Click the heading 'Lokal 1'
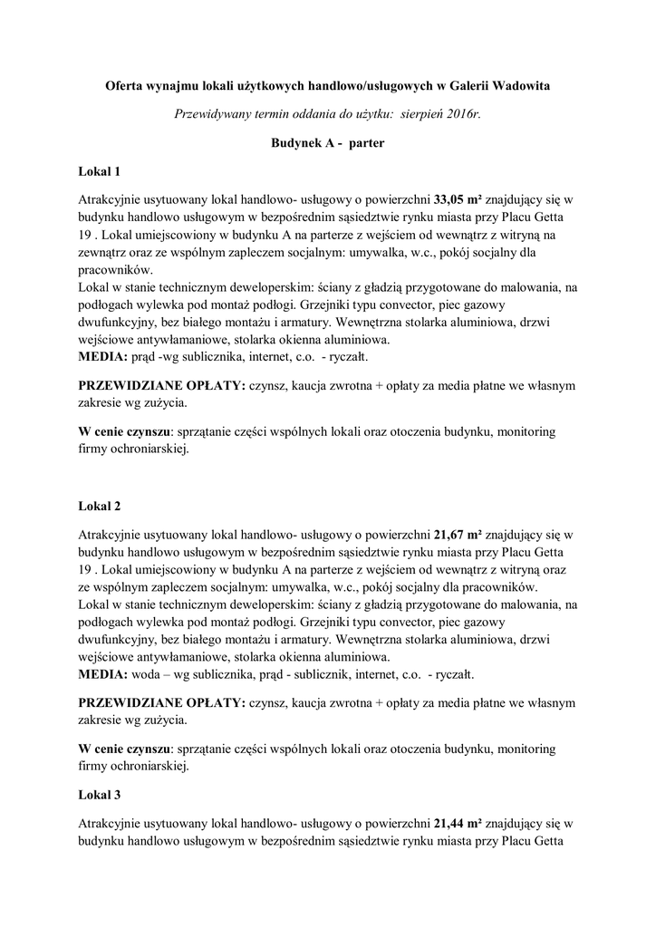[100, 170]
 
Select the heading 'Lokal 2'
[100, 504]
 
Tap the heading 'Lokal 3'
[100, 794]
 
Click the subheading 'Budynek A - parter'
[328, 143]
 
